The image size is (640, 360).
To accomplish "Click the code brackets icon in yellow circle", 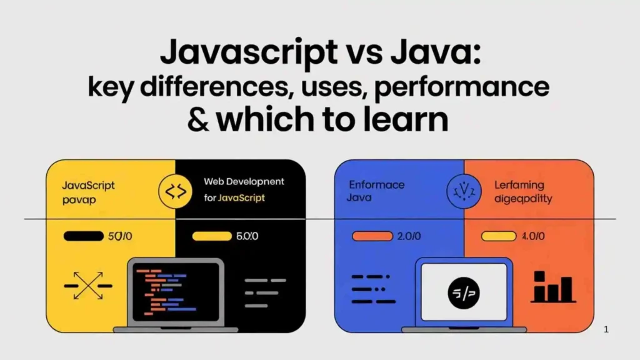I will [175, 191].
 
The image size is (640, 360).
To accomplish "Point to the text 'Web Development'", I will [244, 181].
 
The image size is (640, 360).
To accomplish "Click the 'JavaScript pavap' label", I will [88, 192].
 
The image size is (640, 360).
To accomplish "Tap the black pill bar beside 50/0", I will [83, 236].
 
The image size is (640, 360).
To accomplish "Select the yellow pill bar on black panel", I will [212, 236].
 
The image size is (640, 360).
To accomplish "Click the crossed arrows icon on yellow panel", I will [88, 286].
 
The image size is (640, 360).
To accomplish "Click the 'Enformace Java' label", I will [376, 191].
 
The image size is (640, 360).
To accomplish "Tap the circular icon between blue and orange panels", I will [463, 191].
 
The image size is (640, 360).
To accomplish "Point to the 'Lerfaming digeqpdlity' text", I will [519, 191].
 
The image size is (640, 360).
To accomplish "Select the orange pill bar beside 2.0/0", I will [371, 236].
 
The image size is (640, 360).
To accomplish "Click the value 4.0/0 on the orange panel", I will [533, 236].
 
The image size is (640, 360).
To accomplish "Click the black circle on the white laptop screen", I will [464, 292].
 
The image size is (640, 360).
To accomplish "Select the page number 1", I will [606, 329].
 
